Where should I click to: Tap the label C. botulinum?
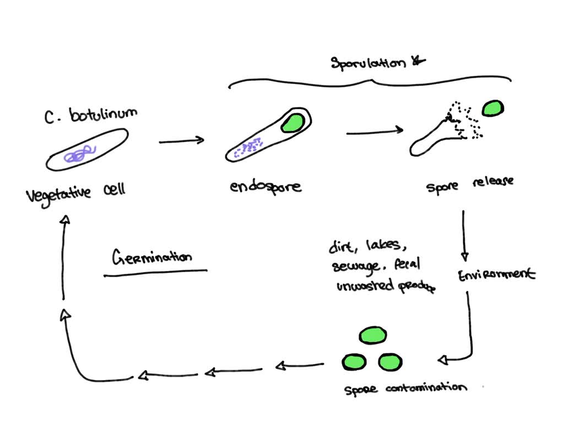point(90,115)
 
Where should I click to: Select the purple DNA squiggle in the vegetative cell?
point(81,154)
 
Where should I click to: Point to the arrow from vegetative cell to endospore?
point(181,142)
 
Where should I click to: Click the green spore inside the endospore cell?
point(291,123)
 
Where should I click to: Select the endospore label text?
point(265,186)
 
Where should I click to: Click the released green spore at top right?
point(493,109)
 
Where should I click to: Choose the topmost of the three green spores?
point(373,335)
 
